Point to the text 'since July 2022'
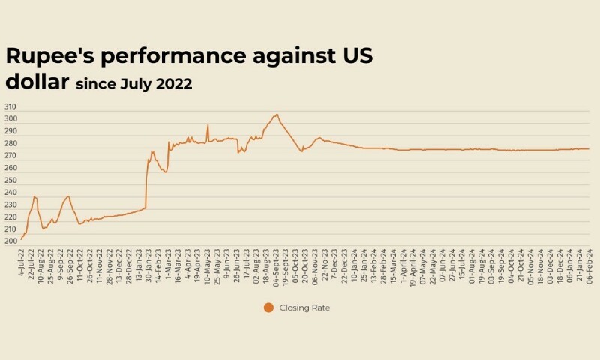(133, 84)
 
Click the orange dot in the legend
(268, 307)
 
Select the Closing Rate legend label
(304, 307)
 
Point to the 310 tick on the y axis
(10, 106)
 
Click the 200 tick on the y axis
(10, 241)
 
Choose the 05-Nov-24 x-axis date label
(531, 263)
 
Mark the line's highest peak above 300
(277, 115)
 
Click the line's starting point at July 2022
(21, 239)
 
